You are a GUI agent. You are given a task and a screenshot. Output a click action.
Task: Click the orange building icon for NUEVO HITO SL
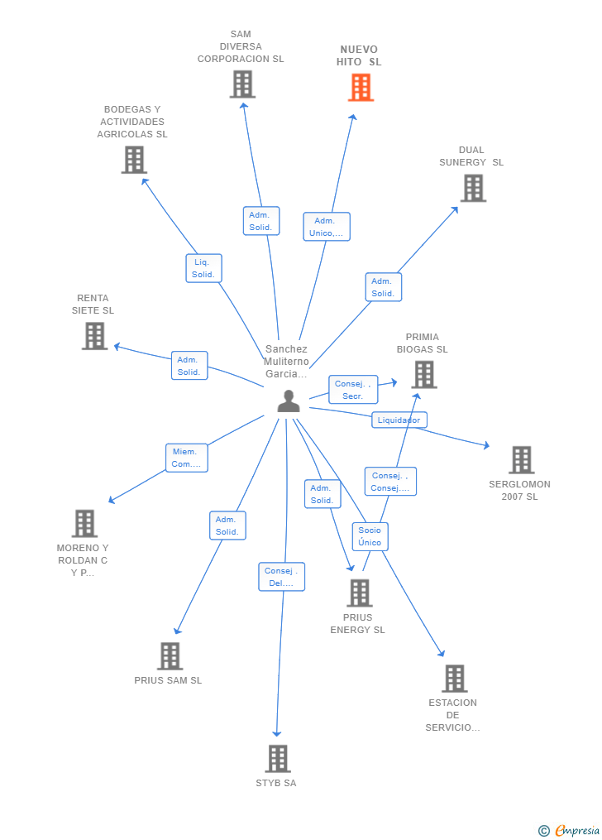point(361,88)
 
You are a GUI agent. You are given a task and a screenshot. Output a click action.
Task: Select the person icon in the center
point(289,401)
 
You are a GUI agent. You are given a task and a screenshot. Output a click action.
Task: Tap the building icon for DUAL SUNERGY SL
point(473,188)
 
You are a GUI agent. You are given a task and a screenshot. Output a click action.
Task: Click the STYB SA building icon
point(278,758)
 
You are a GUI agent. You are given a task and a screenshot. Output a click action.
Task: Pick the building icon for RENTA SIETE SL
point(94,336)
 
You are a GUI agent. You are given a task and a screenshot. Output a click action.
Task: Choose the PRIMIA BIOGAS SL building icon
point(423,374)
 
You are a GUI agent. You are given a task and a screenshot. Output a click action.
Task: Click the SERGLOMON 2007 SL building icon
point(521,460)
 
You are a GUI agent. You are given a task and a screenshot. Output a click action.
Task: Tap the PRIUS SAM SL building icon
point(170,656)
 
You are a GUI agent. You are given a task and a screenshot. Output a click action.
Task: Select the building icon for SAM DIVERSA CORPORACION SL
point(242,84)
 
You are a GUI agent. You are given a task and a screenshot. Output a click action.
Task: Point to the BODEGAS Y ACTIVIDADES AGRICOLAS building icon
point(134,160)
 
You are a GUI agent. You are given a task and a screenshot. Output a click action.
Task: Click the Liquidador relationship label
point(399,420)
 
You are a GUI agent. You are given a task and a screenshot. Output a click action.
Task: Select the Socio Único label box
point(370,536)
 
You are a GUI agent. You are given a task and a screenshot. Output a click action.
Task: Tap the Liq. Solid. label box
point(203,268)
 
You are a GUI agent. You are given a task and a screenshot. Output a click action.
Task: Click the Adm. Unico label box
point(327,227)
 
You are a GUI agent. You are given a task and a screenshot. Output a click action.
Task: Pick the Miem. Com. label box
point(186,458)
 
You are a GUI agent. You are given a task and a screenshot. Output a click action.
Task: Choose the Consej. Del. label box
point(281,577)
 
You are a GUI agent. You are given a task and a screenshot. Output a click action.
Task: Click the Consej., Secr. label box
point(353,390)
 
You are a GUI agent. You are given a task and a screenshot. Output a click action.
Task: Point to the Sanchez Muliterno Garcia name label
point(286,362)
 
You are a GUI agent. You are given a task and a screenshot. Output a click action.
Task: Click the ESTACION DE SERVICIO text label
point(452,715)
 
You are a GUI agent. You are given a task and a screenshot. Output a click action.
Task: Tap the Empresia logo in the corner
point(571,830)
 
